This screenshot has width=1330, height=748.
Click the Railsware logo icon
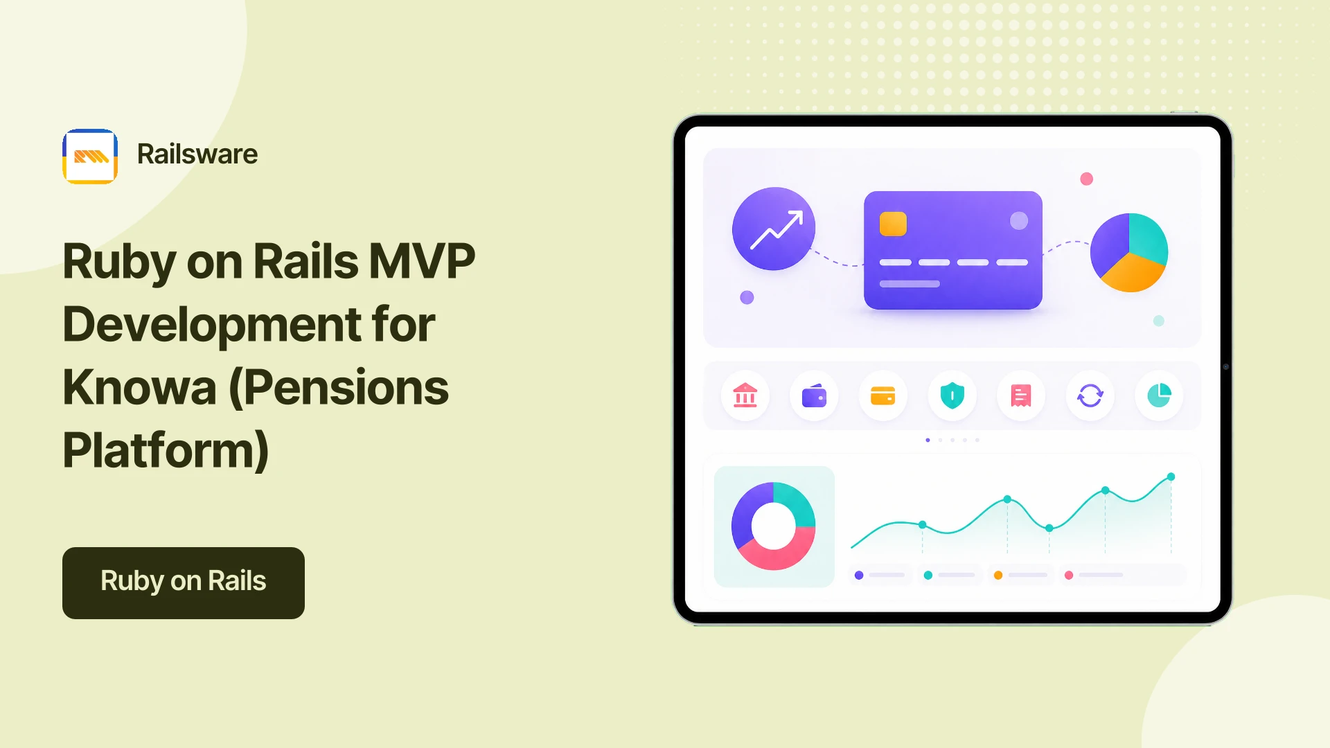(90, 157)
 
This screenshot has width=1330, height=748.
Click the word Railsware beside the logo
(197, 154)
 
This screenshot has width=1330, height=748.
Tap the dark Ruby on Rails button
(184, 583)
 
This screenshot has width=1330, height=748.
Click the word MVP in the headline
(422, 262)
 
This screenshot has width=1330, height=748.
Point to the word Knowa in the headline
(139, 387)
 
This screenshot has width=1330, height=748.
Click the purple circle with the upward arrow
(774, 229)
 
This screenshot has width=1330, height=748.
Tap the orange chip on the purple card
(893, 224)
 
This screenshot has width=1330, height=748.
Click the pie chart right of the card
(1129, 253)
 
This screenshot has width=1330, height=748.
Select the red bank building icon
(745, 395)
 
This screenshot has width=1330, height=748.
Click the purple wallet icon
(814, 396)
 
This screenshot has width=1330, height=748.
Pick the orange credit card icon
(883, 395)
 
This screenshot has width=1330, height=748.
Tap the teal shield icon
(952, 395)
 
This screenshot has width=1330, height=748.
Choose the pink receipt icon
(1021, 395)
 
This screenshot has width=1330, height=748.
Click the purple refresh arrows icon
(1090, 395)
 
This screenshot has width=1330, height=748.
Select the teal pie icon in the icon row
(1159, 395)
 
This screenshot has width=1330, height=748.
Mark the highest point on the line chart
(1171, 477)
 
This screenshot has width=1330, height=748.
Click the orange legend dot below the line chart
(998, 575)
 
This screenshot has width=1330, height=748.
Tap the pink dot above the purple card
(1087, 179)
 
